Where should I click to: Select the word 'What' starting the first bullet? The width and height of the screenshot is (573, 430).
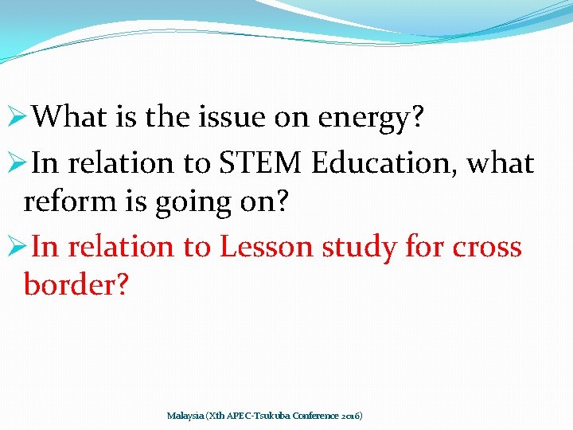[x=71, y=118]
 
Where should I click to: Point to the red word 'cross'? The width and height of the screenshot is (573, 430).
[x=487, y=248]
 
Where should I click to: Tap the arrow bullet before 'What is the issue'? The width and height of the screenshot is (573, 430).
[x=18, y=119]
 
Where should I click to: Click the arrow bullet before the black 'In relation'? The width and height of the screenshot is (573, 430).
[x=18, y=164]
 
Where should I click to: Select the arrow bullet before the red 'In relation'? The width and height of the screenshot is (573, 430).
[x=18, y=248]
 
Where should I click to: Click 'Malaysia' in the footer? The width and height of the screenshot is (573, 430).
[x=185, y=416]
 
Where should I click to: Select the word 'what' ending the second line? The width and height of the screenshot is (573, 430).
[x=501, y=163]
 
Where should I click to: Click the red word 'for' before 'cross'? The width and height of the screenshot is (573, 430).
[x=423, y=247]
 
